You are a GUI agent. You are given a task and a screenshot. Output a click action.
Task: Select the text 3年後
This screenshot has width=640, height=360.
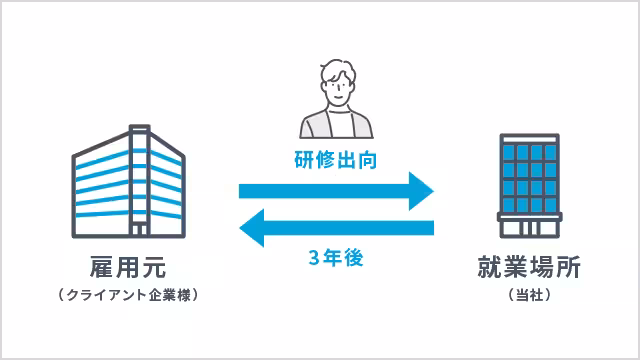(x=336, y=257)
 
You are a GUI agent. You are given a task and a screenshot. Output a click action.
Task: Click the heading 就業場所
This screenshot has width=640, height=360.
(x=529, y=268)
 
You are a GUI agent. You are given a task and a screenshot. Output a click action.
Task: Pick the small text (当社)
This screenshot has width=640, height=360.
(x=529, y=296)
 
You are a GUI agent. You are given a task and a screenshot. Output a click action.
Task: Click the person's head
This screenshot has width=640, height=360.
(x=338, y=85)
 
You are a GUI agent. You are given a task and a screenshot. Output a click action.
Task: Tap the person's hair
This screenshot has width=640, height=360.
(x=337, y=70)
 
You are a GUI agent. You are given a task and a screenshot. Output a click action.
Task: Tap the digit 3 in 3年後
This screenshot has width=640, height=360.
(x=316, y=257)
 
